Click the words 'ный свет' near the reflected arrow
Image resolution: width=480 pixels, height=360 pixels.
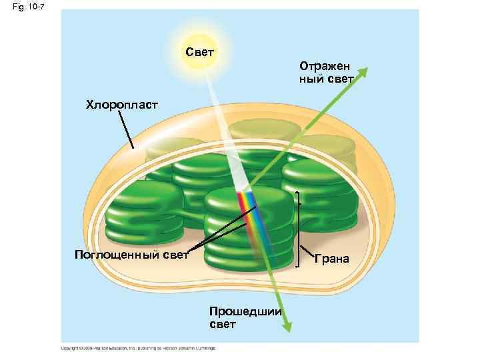coord(326,79)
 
